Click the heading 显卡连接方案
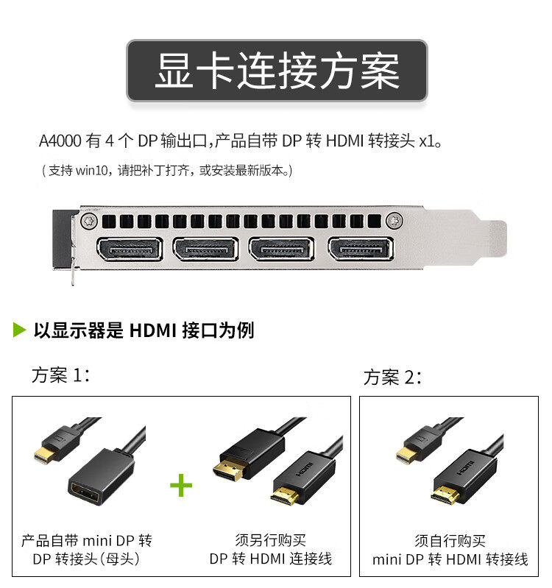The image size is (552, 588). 277,71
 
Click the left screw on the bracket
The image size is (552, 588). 91,219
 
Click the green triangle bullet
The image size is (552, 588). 20,330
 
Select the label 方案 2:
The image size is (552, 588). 392,378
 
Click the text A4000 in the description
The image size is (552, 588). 60,140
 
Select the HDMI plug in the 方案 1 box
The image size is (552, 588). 287,495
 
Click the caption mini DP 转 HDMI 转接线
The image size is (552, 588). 450,559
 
